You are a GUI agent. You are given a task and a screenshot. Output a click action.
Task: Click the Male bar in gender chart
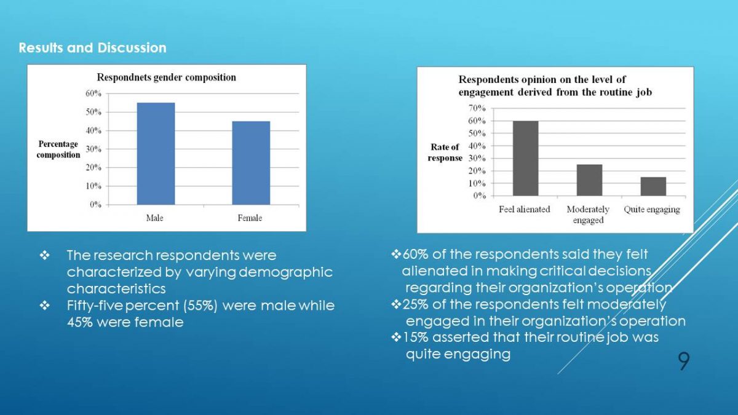(156, 154)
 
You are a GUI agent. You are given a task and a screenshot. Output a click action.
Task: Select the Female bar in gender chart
(251, 163)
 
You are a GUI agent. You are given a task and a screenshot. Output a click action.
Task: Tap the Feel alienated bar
(525, 159)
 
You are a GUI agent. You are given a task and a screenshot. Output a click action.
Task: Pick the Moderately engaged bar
(589, 180)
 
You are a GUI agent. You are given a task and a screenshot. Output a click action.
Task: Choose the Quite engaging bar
(653, 186)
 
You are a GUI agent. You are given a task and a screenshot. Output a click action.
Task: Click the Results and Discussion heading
(92, 48)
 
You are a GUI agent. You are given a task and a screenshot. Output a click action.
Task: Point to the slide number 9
(683, 362)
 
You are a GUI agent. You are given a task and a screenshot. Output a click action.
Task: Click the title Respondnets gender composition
(166, 77)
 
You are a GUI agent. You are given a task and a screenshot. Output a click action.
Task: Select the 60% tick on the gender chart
(93, 93)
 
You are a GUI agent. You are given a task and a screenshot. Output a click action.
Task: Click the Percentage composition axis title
(58, 149)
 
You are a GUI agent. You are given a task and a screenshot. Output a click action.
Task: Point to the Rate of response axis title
(445, 152)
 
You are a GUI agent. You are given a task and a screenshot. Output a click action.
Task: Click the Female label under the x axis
(250, 218)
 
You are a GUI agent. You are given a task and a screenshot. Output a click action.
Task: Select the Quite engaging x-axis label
(652, 210)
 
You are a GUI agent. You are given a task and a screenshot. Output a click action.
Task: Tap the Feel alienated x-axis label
(525, 210)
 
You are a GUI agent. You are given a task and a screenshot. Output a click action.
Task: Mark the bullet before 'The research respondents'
(44, 255)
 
